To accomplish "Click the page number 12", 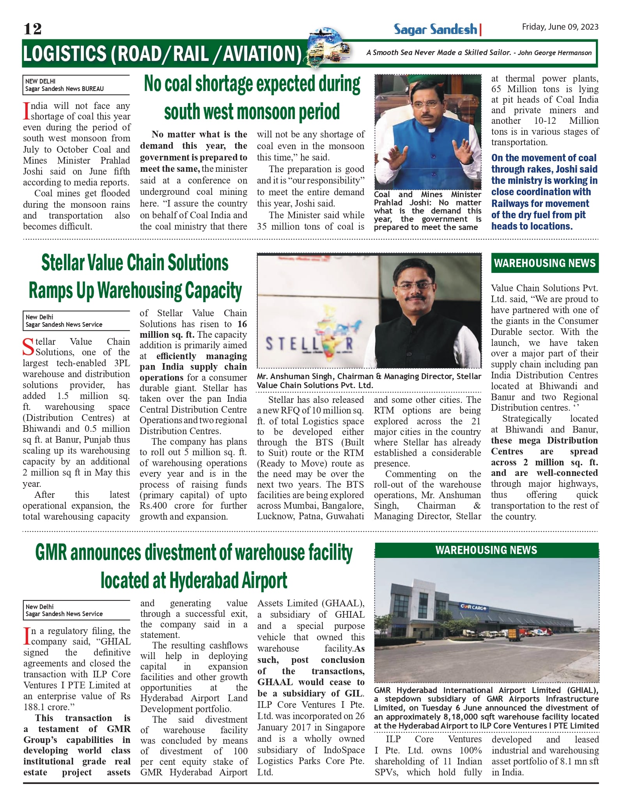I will coord(32,29).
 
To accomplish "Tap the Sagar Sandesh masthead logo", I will coord(435,29).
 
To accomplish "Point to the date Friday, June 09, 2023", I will coord(560,27).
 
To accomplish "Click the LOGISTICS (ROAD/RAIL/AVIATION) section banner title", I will coord(162,54).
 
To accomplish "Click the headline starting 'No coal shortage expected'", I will coord(252,84).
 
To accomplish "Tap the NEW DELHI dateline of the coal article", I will coord(41,81).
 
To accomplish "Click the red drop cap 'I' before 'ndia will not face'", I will coord(26,111).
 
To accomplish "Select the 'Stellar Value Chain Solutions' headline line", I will coord(135,263).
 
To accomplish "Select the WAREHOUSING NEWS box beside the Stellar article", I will coord(544,263).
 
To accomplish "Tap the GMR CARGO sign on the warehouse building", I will coord(473,607).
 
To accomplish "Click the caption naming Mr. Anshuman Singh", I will coord(369,381).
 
